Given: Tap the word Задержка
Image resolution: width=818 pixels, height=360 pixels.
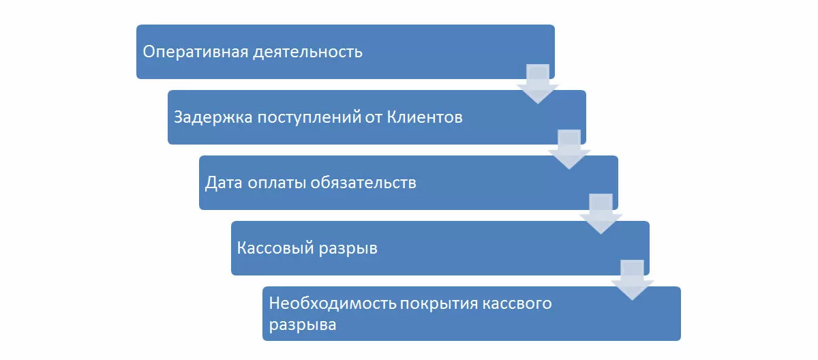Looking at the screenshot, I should coord(211,117).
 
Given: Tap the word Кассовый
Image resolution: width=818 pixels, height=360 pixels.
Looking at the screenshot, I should coord(275,248).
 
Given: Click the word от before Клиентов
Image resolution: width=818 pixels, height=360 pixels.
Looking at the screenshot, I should coord(372,117).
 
